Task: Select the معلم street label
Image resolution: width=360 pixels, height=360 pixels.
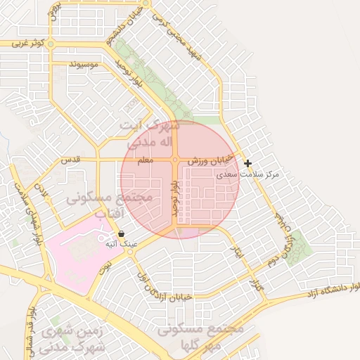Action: pos(145,162)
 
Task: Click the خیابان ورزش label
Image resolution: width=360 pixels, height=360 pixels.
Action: pos(209,162)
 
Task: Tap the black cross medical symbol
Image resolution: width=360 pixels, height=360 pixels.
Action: pos(247,163)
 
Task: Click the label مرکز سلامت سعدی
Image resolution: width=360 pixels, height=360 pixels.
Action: pos(259,173)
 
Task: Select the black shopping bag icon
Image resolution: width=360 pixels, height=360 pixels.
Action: pos(122,233)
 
